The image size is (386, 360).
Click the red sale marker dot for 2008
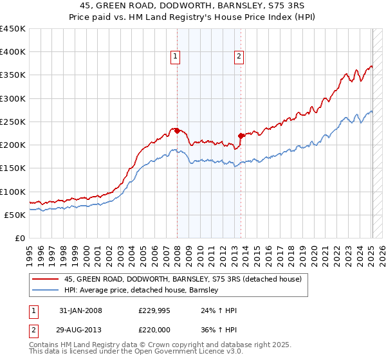pyautogui.click(x=177, y=131)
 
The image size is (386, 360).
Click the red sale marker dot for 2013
pyautogui.click(x=241, y=136)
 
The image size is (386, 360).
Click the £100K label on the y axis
pyautogui.click(x=12, y=192)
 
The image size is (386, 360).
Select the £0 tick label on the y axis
pyautogui.click(x=19, y=238)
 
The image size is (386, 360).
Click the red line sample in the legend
pyautogui.click(x=45, y=279)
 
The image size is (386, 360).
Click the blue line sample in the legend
pyautogui.click(x=45, y=290)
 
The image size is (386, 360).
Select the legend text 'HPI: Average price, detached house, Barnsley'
pyautogui.click(x=142, y=290)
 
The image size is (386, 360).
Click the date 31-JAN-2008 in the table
pyautogui.click(x=80, y=310)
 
